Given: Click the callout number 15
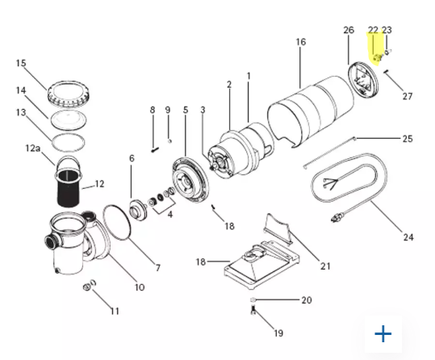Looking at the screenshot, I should click(x=21, y=63).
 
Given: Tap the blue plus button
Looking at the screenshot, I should click(x=383, y=333).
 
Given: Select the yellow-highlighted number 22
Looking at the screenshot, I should click(x=373, y=30).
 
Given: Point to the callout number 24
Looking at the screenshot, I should click(x=408, y=237).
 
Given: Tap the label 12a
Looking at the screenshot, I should click(x=32, y=149).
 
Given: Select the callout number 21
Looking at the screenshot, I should click(x=326, y=266).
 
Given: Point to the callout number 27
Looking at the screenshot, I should click(x=408, y=97).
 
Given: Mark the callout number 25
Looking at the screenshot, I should click(x=408, y=139).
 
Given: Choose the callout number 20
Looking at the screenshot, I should click(x=306, y=300).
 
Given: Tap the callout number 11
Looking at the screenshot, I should click(x=115, y=311).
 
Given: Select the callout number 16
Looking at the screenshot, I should click(x=301, y=41).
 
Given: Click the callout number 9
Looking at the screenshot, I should click(x=168, y=110).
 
